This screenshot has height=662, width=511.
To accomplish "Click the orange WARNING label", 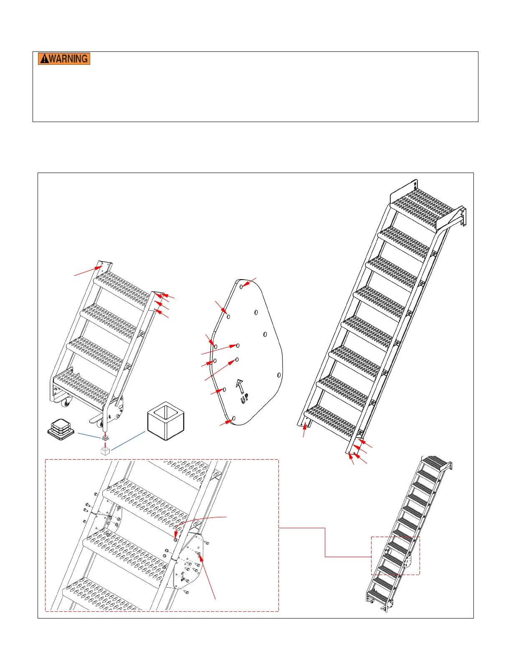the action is [x=64, y=59].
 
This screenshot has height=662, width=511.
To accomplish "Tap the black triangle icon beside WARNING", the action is [x=44, y=59].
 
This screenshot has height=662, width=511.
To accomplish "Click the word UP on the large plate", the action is [x=244, y=398].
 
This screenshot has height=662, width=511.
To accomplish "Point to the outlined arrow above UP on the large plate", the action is [x=240, y=386].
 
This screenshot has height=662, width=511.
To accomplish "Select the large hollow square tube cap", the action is [x=166, y=421].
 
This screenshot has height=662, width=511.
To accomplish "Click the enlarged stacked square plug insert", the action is [x=61, y=429].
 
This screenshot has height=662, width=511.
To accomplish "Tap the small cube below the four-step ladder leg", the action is [x=105, y=451].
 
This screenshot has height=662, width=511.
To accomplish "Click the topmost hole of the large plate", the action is [x=241, y=287].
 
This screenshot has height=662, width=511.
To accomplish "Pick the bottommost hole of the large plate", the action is [x=234, y=418].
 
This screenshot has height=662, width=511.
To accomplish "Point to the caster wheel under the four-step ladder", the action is [x=66, y=403].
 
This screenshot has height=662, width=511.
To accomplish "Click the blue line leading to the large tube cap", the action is [x=128, y=440].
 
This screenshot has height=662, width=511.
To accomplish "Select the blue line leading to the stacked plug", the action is [x=89, y=435].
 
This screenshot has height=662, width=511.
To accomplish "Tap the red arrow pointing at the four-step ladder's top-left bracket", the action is [x=88, y=271].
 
